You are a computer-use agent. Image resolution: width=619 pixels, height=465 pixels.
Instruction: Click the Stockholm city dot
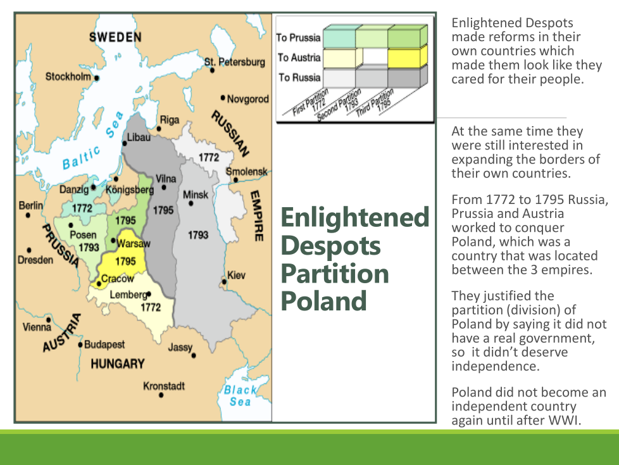pyautogui.click(x=97, y=78)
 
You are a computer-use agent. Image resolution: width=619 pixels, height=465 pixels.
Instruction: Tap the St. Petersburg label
pyautogui.click(x=234, y=62)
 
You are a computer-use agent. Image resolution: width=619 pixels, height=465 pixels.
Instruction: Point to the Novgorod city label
pyautogui.click(x=248, y=99)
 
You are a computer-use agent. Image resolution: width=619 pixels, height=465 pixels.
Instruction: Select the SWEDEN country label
pyautogui.click(x=115, y=37)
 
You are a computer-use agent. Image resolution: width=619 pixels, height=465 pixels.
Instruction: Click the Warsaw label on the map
pyautogui.click(x=134, y=243)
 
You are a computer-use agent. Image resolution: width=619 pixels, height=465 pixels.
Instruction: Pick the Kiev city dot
pyautogui.click(x=224, y=282)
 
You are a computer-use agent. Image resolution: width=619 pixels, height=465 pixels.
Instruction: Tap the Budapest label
pyautogui.click(x=104, y=345)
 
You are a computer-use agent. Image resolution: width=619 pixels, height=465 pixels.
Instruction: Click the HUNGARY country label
pyautogui.click(x=118, y=364)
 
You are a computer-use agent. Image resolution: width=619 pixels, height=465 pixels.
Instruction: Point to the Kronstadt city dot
pyautogui.click(x=161, y=395)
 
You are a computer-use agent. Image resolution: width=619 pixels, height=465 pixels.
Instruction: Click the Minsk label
pyautogui.click(x=196, y=194)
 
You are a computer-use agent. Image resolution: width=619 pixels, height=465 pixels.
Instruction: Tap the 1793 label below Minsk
pyautogui.click(x=197, y=235)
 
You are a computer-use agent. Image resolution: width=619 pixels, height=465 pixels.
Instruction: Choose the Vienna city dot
pyautogui.click(x=49, y=320)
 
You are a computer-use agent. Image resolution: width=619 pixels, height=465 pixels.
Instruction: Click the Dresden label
pyautogui.click(x=35, y=260)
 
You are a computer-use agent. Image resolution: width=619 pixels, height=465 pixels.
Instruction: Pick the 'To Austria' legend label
pyautogui.click(x=299, y=58)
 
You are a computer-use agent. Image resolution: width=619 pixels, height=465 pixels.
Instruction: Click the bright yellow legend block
pyautogui.click(x=404, y=58)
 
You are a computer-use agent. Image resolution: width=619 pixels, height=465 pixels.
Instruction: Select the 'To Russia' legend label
pyautogui.click(x=299, y=77)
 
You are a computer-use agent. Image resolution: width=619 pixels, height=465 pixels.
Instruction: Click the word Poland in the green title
pyautogui.click(x=323, y=301)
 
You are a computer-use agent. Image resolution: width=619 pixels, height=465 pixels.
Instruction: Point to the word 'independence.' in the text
pyautogui.click(x=495, y=366)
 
